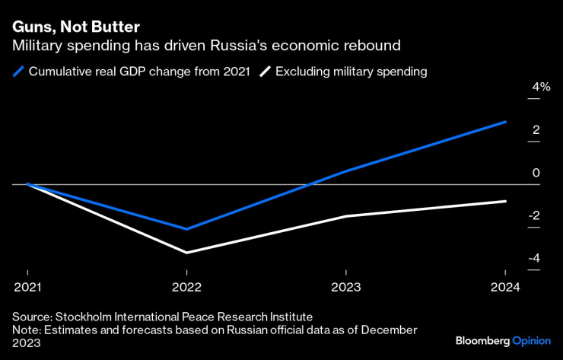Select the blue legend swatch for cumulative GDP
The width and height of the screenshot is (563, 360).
pos(19,72)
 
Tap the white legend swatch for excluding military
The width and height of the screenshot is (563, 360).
pos(265,72)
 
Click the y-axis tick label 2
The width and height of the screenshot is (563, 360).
pos(536,130)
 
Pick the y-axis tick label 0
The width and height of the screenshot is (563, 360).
pos(536,174)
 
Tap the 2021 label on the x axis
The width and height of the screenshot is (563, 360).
pos(28,287)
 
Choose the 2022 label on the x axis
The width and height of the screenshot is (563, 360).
pos(187,287)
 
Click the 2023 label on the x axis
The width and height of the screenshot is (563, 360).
pos(347,287)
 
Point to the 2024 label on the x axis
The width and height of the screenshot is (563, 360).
pos(505,287)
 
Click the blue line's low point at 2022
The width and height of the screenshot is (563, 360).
pos(187,228)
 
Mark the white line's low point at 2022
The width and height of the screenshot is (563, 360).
pos(187,253)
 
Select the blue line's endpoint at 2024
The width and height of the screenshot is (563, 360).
pos(505,122)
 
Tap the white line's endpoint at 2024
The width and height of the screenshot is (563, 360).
pos(505,201)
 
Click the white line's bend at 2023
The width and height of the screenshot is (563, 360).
pos(347,216)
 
